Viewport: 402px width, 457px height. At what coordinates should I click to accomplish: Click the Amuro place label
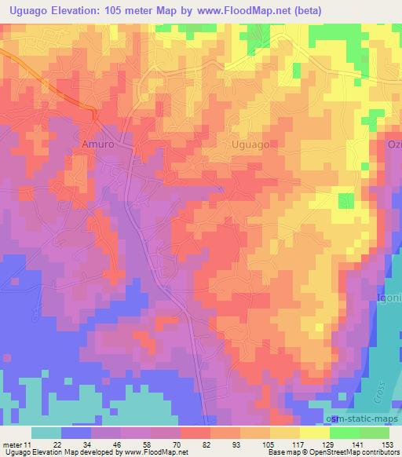tap(98, 144)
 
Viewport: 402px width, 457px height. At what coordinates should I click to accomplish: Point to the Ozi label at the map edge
tap(393, 144)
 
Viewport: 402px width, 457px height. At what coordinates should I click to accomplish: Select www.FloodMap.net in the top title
tap(232, 9)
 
